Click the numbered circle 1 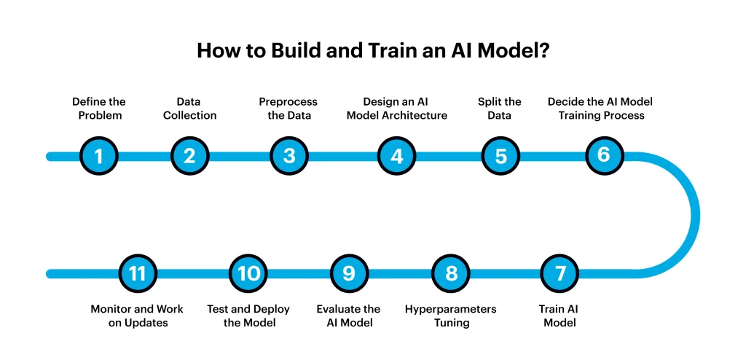tap(98, 156)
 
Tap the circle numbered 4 tap(397, 156)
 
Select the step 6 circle tap(604, 155)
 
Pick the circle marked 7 tap(560, 273)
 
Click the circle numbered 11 tap(138, 273)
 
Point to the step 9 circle tap(349, 273)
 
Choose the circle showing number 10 tap(248, 273)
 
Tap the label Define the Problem tap(99, 109)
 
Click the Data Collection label tap(190, 109)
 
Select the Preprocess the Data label tap(288, 109)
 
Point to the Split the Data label tap(500, 109)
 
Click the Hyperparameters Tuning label tap(450, 316)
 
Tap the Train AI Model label tap(559, 316)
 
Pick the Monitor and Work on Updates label tap(137, 316)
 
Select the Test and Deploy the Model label tap(248, 316)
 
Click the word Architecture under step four tap(417, 115)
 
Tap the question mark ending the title tap(544, 50)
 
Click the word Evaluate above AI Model tap(348, 309)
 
